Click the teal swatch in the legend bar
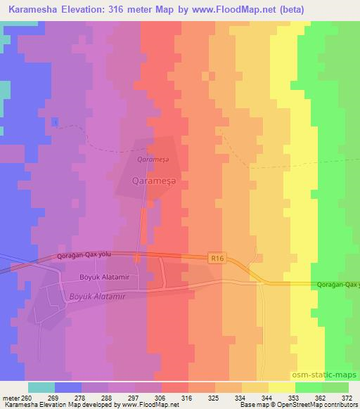41,387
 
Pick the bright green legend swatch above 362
309,387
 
